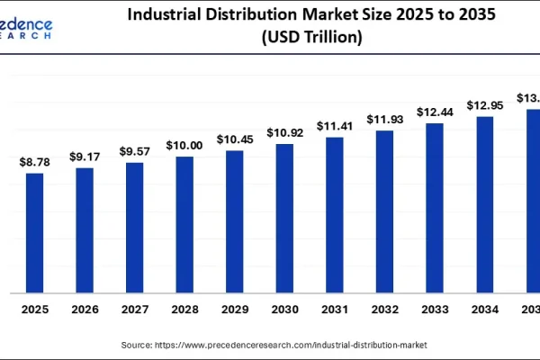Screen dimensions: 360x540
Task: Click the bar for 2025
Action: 34,232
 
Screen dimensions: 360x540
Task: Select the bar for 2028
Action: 184,224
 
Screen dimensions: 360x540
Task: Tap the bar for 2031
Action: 335,214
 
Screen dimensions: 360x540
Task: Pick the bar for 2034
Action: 484,204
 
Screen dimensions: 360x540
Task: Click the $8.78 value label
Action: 34,161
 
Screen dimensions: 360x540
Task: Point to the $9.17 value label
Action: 85,157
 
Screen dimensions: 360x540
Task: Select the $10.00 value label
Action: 184,146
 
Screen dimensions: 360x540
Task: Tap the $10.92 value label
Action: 284,132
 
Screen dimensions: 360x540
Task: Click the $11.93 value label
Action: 384,119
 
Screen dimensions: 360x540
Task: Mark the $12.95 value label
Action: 484,105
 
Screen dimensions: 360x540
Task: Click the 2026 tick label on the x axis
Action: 85,309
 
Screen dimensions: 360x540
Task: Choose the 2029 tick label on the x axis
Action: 235,309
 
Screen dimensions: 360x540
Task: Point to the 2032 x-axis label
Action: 384,309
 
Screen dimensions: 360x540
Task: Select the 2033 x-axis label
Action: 435,309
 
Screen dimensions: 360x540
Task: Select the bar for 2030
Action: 284,218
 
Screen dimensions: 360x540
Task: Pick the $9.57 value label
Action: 134,152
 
